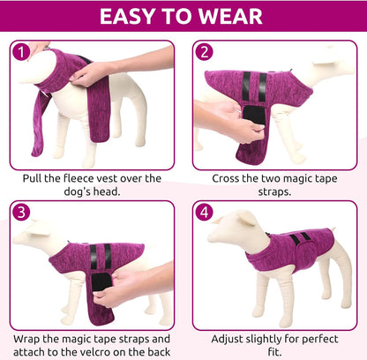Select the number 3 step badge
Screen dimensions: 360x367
(x=22, y=213)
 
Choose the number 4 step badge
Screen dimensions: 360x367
(x=206, y=213)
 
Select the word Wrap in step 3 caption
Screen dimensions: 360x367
(x=30, y=338)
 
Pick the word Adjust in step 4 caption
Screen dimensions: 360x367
(x=233, y=338)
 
